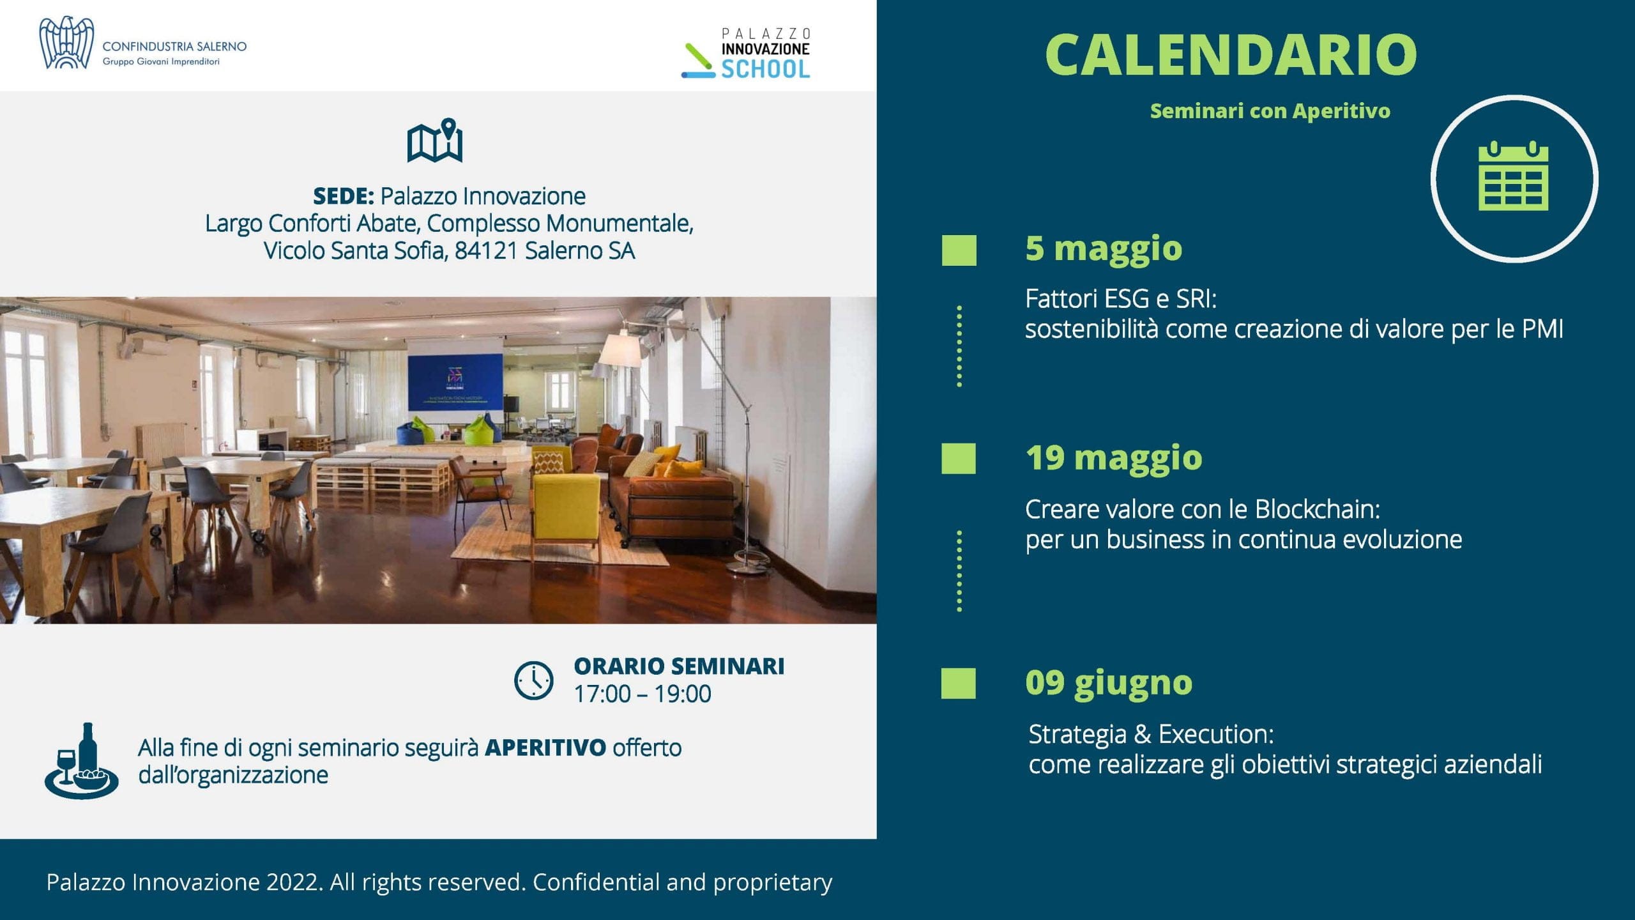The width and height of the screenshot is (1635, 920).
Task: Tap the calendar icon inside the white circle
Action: (1514, 176)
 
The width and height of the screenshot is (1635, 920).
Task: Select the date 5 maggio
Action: (1104, 249)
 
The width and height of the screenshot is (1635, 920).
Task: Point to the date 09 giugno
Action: (1109, 683)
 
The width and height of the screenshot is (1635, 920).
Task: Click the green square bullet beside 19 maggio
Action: (959, 459)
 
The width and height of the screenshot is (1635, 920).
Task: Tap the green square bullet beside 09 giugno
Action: (959, 684)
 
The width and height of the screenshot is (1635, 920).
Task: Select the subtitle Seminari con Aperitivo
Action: (1270, 111)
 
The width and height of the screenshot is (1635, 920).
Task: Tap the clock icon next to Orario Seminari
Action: (534, 680)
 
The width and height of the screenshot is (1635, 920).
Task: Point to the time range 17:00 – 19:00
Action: (643, 694)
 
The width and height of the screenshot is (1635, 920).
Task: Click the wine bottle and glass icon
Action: (81, 760)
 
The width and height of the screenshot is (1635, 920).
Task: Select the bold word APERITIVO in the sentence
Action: (545, 747)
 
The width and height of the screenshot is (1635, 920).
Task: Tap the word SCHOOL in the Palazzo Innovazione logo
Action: (766, 69)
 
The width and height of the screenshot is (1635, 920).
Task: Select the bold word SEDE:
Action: (344, 196)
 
